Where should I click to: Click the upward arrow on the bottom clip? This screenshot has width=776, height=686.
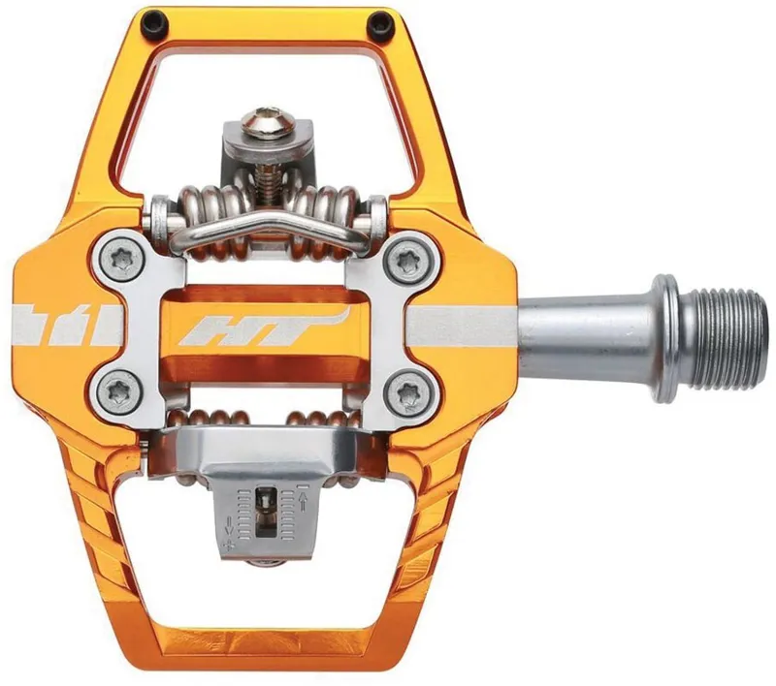point(305,501)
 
